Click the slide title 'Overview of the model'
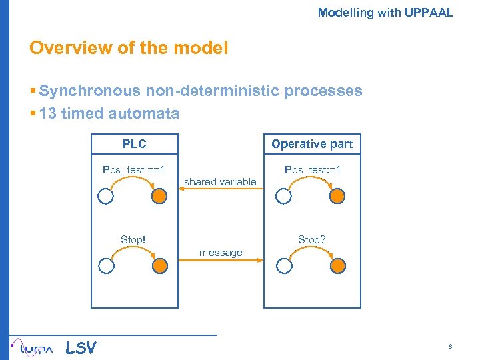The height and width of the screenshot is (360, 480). pos(129,48)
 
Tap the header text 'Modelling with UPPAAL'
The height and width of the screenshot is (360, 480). pos(385,12)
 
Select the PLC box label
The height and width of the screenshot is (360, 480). pos(135,144)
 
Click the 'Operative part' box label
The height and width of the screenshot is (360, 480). pos(312,144)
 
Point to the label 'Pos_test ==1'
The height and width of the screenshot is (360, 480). pos(134,170)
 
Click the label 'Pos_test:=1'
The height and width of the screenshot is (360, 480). pos(313,170)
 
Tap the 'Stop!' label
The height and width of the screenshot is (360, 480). pos(133,239)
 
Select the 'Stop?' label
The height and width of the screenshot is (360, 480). pos(312,239)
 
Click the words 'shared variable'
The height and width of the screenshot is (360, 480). pos(220,181)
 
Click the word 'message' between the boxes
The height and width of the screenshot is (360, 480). pos(221,253)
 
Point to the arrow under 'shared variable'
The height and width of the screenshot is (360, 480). pos(220,189)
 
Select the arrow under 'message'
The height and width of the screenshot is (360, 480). pos(220,262)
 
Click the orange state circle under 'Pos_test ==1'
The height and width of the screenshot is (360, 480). pos(160,196)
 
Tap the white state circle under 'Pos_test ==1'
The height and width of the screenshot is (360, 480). pos(106,196)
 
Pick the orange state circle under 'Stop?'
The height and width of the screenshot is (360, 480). pos(339,265)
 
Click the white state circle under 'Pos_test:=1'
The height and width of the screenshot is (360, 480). pos(285,196)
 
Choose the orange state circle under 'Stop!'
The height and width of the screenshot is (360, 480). pos(160,265)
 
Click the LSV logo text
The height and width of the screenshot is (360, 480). pos(81,348)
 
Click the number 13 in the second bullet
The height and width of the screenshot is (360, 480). pos(48,113)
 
